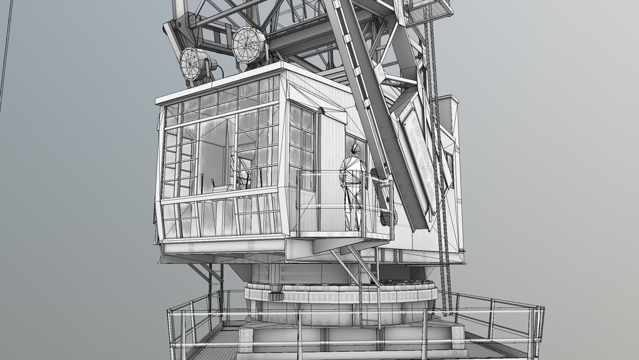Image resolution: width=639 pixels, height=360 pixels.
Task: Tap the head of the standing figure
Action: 355,150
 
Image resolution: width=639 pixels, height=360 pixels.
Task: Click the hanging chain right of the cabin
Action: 440,187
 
